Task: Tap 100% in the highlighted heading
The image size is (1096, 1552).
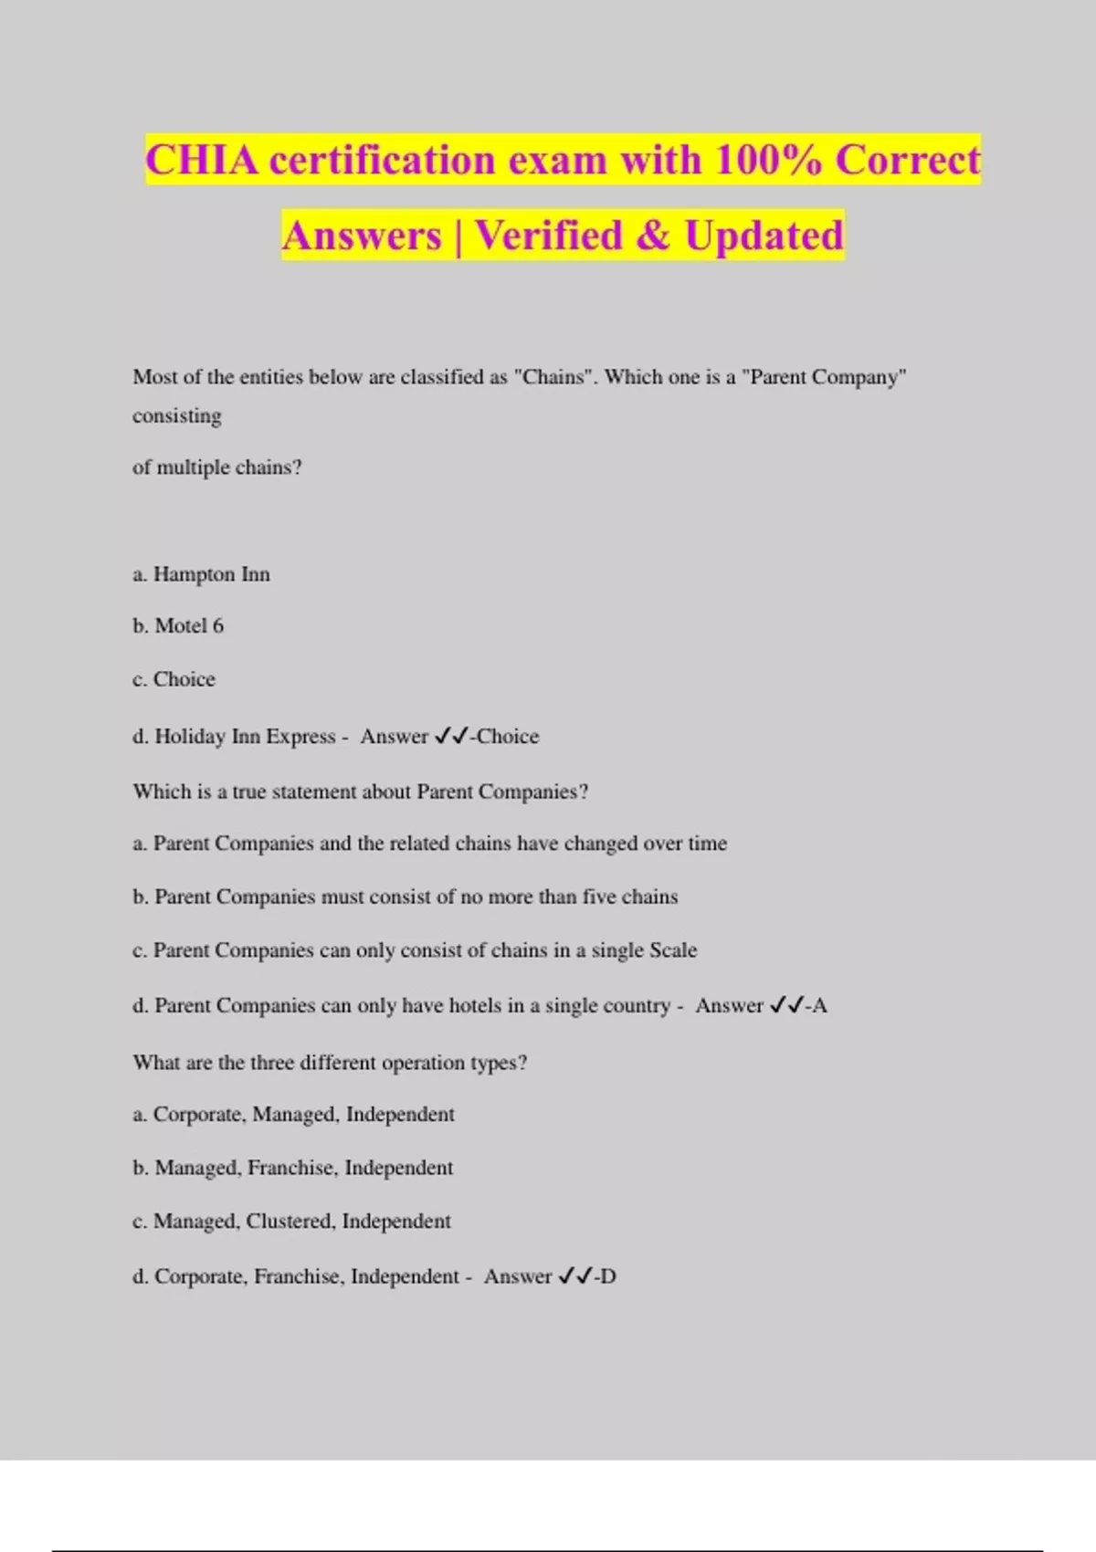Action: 767,160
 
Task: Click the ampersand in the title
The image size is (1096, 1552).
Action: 653,236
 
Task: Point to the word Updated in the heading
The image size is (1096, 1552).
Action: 764,236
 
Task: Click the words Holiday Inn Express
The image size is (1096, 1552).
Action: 245,737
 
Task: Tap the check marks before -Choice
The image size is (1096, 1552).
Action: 451,736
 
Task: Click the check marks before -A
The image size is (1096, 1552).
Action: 786,1005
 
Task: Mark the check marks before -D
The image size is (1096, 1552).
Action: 575,1276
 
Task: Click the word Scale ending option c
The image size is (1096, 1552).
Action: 670,950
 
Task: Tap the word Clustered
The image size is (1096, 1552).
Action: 290,1222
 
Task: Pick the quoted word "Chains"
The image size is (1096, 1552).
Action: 553,377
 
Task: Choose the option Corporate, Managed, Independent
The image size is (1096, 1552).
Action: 303,1115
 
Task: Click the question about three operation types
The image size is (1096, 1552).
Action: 330,1063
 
